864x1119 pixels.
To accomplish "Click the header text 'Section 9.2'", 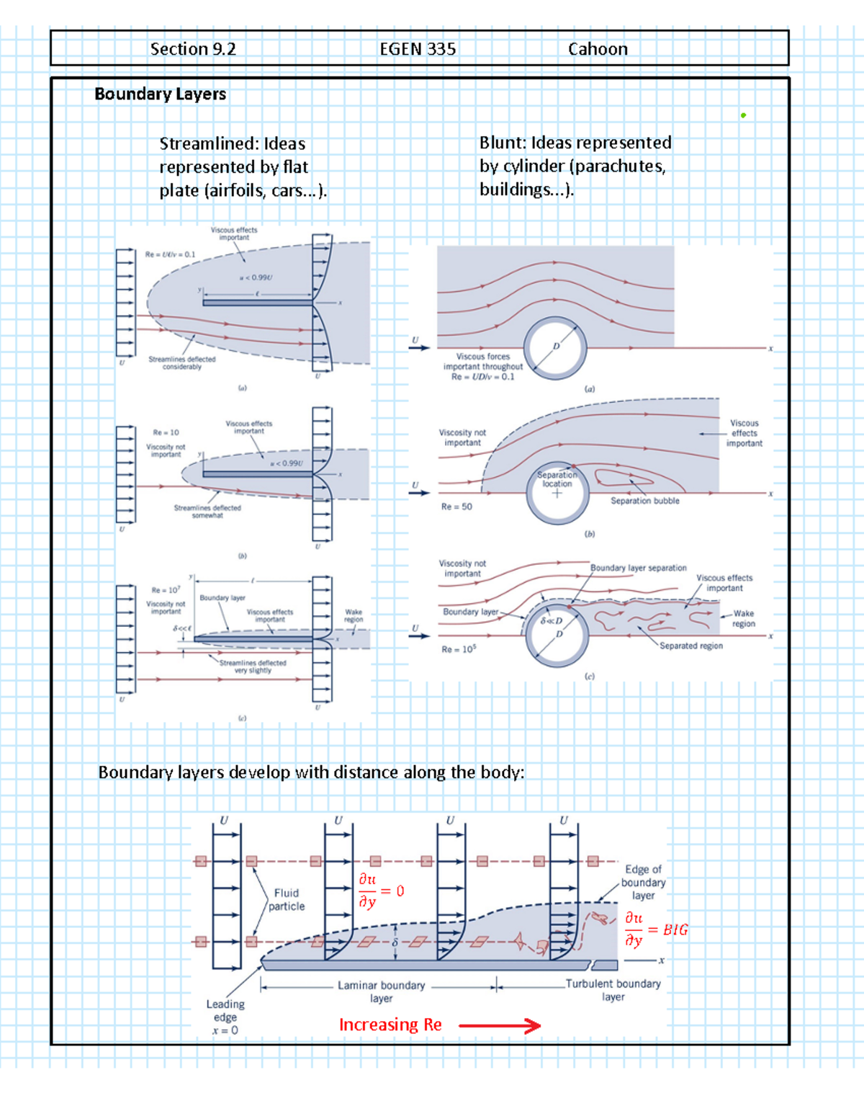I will (193, 49).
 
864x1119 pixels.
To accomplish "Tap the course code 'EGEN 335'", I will (418, 49).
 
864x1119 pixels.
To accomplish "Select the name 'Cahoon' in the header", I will (598, 49).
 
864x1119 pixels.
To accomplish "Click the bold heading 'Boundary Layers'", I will (160, 94).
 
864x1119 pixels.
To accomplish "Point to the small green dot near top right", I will (743, 115).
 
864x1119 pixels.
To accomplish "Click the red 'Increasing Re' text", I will (390, 1025).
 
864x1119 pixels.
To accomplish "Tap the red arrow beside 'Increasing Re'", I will (500, 1025).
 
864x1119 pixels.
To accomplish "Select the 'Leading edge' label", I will (225, 1011).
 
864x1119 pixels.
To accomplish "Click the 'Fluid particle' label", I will (287, 900).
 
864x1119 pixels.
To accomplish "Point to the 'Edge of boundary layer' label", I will (643, 883).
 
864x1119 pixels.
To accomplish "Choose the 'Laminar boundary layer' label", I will (382, 991).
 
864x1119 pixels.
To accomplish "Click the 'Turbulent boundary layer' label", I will (613, 990).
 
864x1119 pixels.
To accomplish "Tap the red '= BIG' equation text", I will (668, 930).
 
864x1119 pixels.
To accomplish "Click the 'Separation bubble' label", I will (645, 501).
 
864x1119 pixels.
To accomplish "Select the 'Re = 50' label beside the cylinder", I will (456, 507).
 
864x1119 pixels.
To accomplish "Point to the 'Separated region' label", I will (691, 646).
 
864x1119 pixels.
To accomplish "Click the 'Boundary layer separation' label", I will (639, 568).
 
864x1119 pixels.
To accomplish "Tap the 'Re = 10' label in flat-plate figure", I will (166, 432).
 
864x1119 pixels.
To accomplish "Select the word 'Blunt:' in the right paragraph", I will (503, 143).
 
